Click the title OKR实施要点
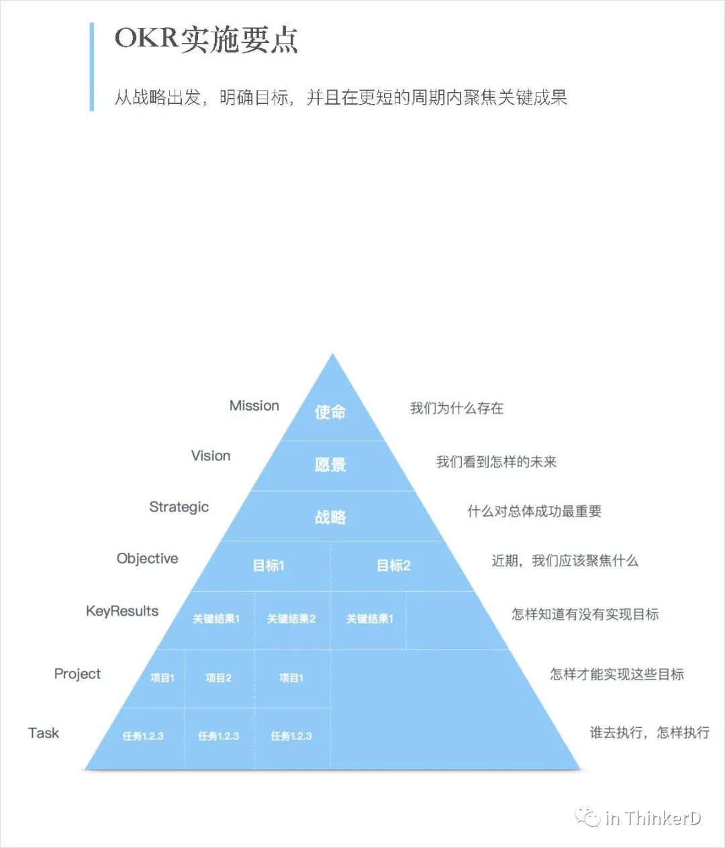tap(206, 40)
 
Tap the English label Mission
tap(254, 406)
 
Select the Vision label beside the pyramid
tap(211, 456)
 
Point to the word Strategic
tap(179, 507)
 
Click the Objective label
tap(148, 559)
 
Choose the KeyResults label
tap(122, 611)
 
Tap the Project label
tap(77, 674)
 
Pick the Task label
tap(44, 733)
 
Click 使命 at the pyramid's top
tap(330, 412)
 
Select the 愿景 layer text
tap(330, 464)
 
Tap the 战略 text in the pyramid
tap(330, 517)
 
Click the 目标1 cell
tap(269, 566)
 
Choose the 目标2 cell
tap(393, 566)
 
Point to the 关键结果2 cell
tap(291, 619)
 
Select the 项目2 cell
tap(219, 678)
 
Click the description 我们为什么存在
tap(456, 409)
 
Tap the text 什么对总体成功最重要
tap(534, 512)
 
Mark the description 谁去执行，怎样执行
tap(649, 733)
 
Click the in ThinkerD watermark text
tap(652, 818)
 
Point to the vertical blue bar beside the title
tap(92, 66)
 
